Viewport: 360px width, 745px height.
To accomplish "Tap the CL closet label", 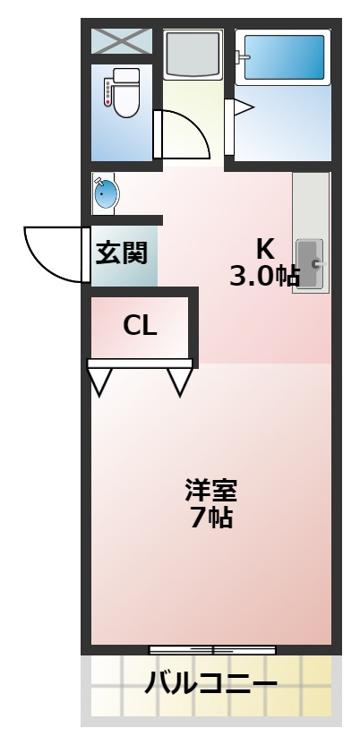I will tap(140, 326).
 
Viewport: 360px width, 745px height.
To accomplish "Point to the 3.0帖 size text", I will tap(264, 276).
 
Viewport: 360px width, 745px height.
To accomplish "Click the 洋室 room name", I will tap(210, 491).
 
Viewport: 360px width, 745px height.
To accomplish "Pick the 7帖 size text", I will tap(210, 518).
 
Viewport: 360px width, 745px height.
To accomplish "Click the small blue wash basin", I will tap(106, 192).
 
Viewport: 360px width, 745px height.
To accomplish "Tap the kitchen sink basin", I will tap(309, 263).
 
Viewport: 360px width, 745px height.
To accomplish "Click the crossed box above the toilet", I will tap(123, 41).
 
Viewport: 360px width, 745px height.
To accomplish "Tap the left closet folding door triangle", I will tap(100, 381).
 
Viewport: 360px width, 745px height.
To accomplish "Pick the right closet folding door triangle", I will tap(180, 381).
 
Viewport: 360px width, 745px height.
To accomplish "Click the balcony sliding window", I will tap(212, 649).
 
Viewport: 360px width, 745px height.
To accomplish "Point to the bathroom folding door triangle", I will tap(243, 109).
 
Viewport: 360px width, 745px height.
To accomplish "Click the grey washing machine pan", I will tap(192, 55).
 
